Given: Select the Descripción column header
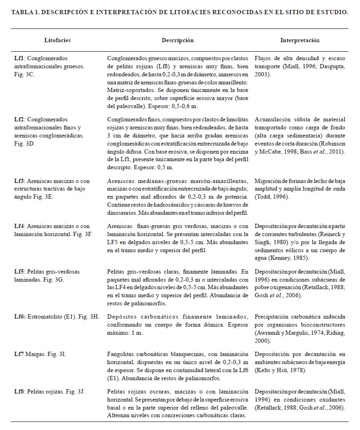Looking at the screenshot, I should point(177,41).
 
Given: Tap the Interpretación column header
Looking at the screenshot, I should point(300,41).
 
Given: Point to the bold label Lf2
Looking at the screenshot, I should point(19,119).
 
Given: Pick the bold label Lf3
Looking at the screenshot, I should point(19,181).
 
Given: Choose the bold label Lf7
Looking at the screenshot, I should point(19,354).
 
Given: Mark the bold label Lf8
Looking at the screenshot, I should point(19,392).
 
